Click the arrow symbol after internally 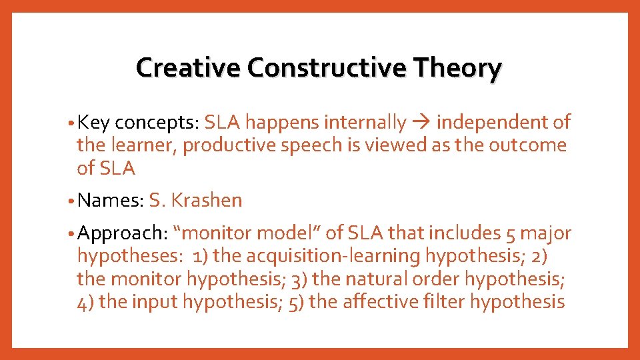tap(421, 123)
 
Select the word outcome tap(527, 145)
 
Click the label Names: tap(110, 200)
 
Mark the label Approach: tap(122, 233)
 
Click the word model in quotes tap(289, 233)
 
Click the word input tap(154, 301)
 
